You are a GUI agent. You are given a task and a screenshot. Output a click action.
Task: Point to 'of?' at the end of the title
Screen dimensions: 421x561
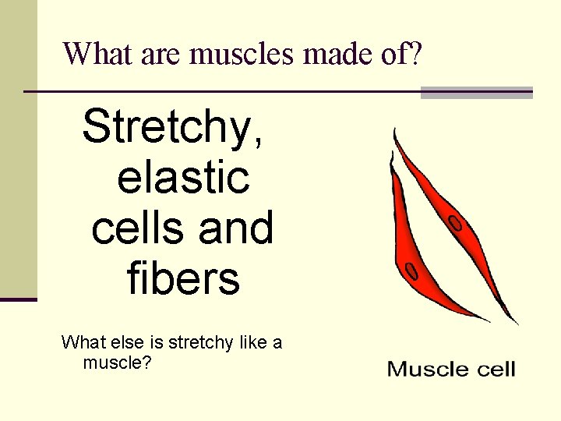click(403, 54)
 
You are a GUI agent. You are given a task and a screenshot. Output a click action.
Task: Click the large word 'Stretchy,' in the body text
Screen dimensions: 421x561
click(173, 126)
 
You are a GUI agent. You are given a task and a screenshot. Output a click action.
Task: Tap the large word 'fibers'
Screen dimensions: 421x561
click(183, 278)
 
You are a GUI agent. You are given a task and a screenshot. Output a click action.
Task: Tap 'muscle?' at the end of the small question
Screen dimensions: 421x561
click(116, 363)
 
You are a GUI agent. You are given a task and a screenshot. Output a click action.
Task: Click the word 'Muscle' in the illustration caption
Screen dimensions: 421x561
click(425, 369)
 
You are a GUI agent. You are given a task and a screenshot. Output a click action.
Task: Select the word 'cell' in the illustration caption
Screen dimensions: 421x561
click(492, 369)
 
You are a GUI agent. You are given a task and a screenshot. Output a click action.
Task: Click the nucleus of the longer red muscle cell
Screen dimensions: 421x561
click(456, 224)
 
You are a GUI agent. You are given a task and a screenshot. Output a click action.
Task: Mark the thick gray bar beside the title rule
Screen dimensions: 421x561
click(476, 93)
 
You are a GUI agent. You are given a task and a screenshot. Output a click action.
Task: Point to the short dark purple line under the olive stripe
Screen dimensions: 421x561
click(19, 299)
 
